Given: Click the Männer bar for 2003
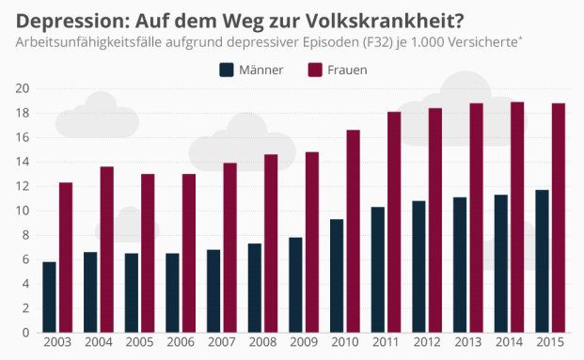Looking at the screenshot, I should [49, 297].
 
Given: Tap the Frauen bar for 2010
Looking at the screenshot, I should [353, 230].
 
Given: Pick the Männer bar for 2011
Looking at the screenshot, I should [377, 269].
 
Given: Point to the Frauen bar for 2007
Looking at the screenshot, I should [229, 247].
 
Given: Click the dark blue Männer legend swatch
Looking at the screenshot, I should [226, 70].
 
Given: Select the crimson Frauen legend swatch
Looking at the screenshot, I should [314, 70].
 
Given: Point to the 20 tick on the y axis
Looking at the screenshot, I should [21, 88].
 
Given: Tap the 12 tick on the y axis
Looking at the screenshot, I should [21, 186].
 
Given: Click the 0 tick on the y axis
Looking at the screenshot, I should [24, 333].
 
